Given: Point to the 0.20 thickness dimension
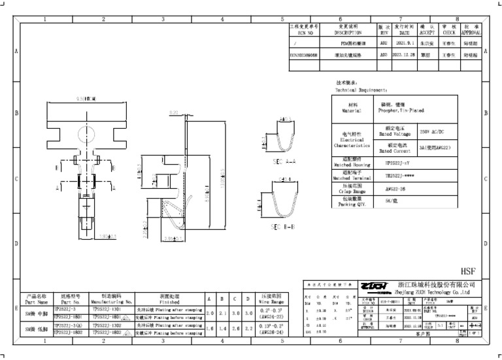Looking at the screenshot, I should tap(174, 113).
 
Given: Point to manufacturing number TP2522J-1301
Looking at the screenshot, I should tap(107, 309).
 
